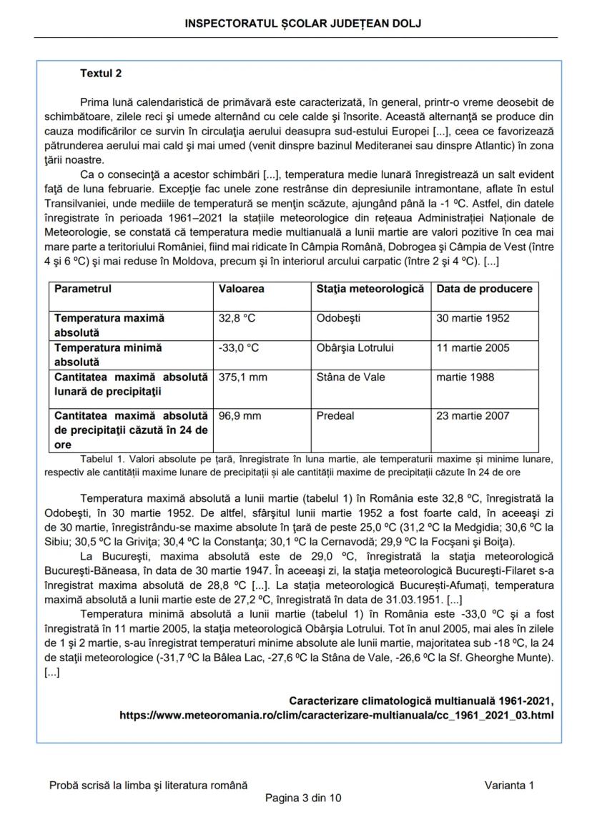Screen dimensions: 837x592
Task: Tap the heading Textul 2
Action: click(101, 74)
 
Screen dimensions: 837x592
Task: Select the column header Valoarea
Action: click(241, 289)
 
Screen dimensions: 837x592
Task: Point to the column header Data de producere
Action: click(484, 289)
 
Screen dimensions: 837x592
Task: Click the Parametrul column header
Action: click(83, 289)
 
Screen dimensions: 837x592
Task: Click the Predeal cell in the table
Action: click(335, 416)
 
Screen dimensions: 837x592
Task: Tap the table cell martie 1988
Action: click(465, 377)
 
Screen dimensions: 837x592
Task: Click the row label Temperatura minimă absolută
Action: click(108, 355)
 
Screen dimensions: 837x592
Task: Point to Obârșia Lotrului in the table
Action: click(355, 348)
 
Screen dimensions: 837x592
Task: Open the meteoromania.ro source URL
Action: click(336, 715)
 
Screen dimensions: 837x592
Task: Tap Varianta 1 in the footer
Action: click(508, 785)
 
